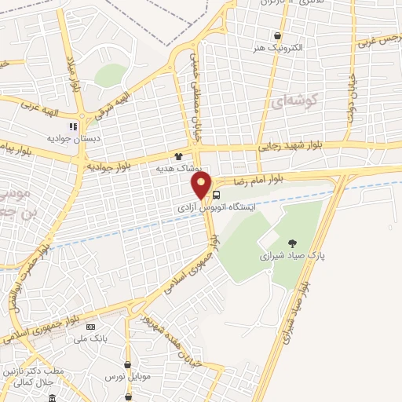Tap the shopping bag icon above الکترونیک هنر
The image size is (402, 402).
pyautogui.click(x=277, y=35)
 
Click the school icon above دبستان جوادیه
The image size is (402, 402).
pyautogui.click(x=73, y=126)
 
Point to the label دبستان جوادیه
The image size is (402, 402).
pyautogui.click(x=73, y=138)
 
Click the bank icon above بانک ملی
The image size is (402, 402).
pyautogui.click(x=91, y=326)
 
